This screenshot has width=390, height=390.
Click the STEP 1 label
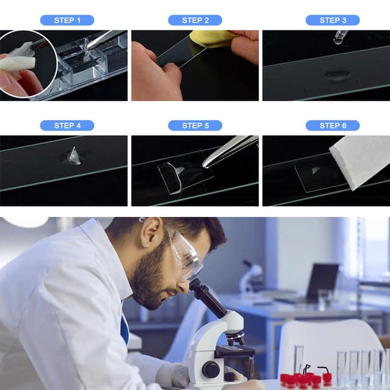67,20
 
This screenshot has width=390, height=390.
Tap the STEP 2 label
195,20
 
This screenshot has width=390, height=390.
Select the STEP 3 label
333,20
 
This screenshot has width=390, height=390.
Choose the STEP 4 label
67,126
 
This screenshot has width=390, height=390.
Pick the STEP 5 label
195,126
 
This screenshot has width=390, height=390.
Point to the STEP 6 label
333,126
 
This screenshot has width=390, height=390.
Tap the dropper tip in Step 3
338,42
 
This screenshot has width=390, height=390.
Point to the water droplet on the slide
338,75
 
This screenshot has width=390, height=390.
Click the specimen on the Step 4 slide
74,157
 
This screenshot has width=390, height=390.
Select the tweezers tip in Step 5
206,165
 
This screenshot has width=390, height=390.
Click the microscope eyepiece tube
208,298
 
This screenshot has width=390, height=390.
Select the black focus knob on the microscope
210,370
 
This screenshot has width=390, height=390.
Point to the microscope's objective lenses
235,338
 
